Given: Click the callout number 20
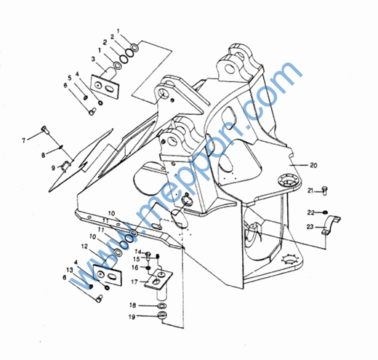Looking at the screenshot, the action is (x=313, y=165).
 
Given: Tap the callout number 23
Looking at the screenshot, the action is (x=310, y=227).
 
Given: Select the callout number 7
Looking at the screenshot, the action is (x=23, y=140).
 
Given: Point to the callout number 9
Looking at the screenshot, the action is (x=53, y=168).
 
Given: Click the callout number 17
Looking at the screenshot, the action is (x=134, y=281).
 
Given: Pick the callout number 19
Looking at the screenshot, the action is (x=132, y=316).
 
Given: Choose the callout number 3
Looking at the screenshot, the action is (x=93, y=59).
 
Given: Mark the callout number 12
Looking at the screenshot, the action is (x=84, y=247).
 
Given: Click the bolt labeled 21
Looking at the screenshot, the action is (x=325, y=191).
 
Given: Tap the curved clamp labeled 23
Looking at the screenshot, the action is (x=331, y=223).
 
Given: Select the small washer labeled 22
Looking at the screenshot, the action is (x=325, y=212).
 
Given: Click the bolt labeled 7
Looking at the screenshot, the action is (x=45, y=129).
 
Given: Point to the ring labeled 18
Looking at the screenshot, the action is (x=161, y=305).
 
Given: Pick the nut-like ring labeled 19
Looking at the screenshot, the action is (x=161, y=316).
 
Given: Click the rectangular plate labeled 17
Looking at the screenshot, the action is (x=158, y=279).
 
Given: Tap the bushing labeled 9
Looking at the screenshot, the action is (x=65, y=167).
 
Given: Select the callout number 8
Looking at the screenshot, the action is (x=43, y=155).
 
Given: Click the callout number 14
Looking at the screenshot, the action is (x=137, y=252).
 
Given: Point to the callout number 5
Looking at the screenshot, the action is (x=70, y=78).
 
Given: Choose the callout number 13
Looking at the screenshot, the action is (x=70, y=270).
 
